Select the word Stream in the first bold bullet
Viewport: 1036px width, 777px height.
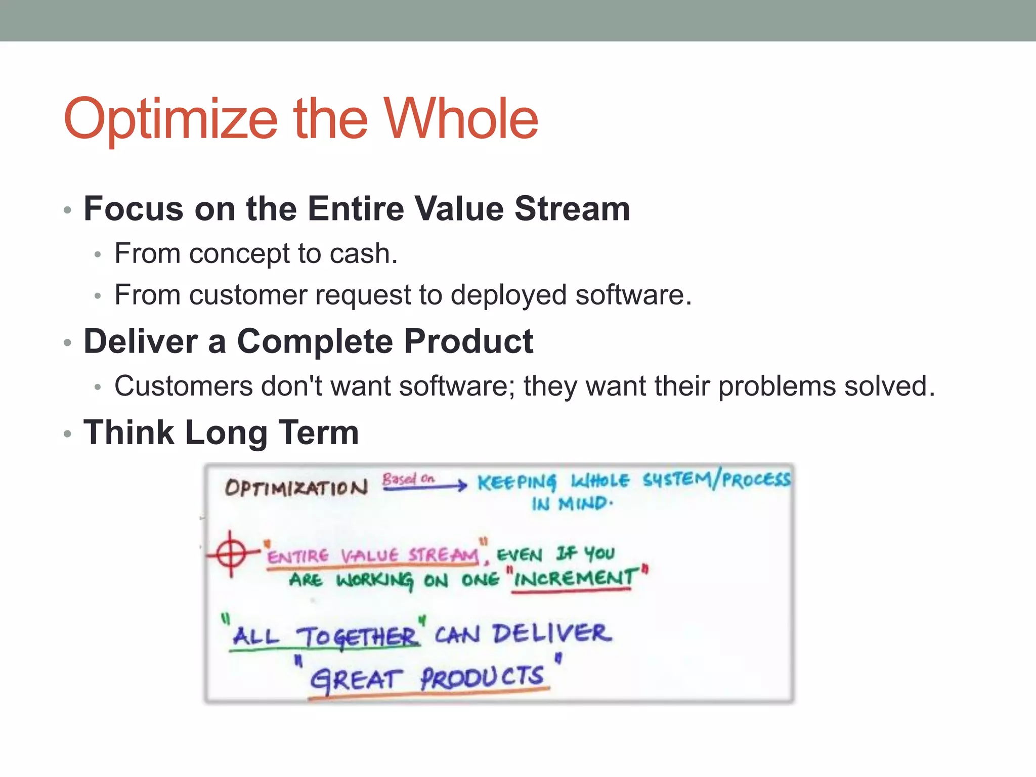point(572,208)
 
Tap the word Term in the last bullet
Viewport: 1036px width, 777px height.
point(319,433)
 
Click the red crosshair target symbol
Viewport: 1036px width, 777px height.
point(231,554)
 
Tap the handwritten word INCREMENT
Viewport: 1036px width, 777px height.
point(575,578)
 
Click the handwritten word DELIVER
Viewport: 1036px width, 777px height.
point(552,634)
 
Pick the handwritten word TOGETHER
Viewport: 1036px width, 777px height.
point(357,637)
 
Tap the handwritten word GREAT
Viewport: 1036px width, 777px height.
point(356,679)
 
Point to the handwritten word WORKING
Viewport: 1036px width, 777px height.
point(374,580)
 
